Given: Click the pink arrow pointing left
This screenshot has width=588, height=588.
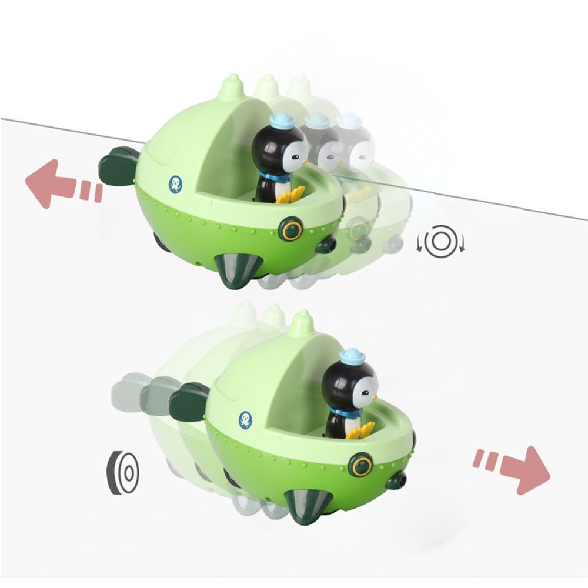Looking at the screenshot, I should tap(53, 183).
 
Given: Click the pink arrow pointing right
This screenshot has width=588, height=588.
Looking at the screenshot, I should tap(521, 467).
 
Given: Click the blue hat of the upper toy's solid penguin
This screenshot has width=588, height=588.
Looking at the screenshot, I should tap(282, 121).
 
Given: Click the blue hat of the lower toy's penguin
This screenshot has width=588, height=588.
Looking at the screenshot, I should tap(352, 356).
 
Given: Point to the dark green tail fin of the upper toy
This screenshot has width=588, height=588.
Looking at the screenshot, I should tap(119, 166).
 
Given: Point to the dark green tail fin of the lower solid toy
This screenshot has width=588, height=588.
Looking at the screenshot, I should tap(189, 402).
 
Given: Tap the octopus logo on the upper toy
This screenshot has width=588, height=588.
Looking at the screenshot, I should tap(175, 184).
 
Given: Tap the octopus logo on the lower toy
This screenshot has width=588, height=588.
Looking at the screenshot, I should tap(245, 419).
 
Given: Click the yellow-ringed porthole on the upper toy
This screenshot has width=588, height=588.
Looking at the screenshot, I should tap(290, 229).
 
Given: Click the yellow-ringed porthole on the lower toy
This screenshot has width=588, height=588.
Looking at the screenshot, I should tap(360, 465).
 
